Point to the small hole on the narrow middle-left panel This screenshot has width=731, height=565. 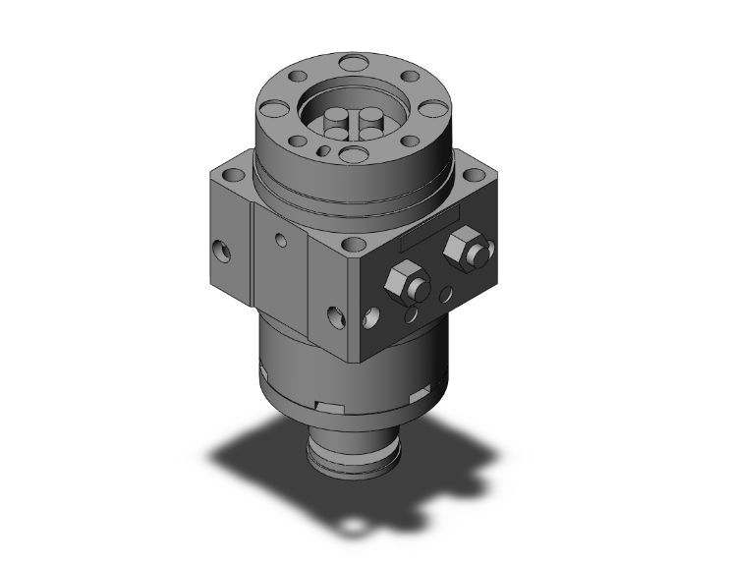(281, 238)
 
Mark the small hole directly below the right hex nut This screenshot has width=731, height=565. (448, 292)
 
